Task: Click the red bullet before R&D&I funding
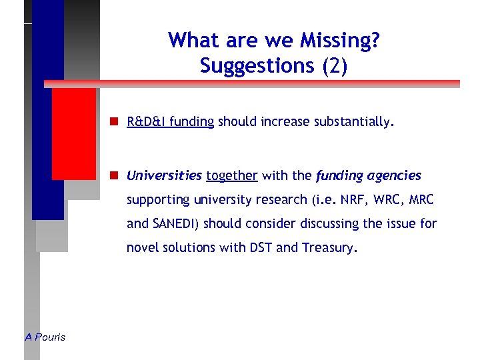coord(115,122)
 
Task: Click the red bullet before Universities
coord(115,176)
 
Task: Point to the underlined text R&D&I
coord(147,122)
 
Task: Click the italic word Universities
coord(164,176)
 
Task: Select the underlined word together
coord(231,176)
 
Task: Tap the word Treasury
coord(328,248)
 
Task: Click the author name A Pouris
coord(45,337)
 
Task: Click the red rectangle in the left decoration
coord(73,133)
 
